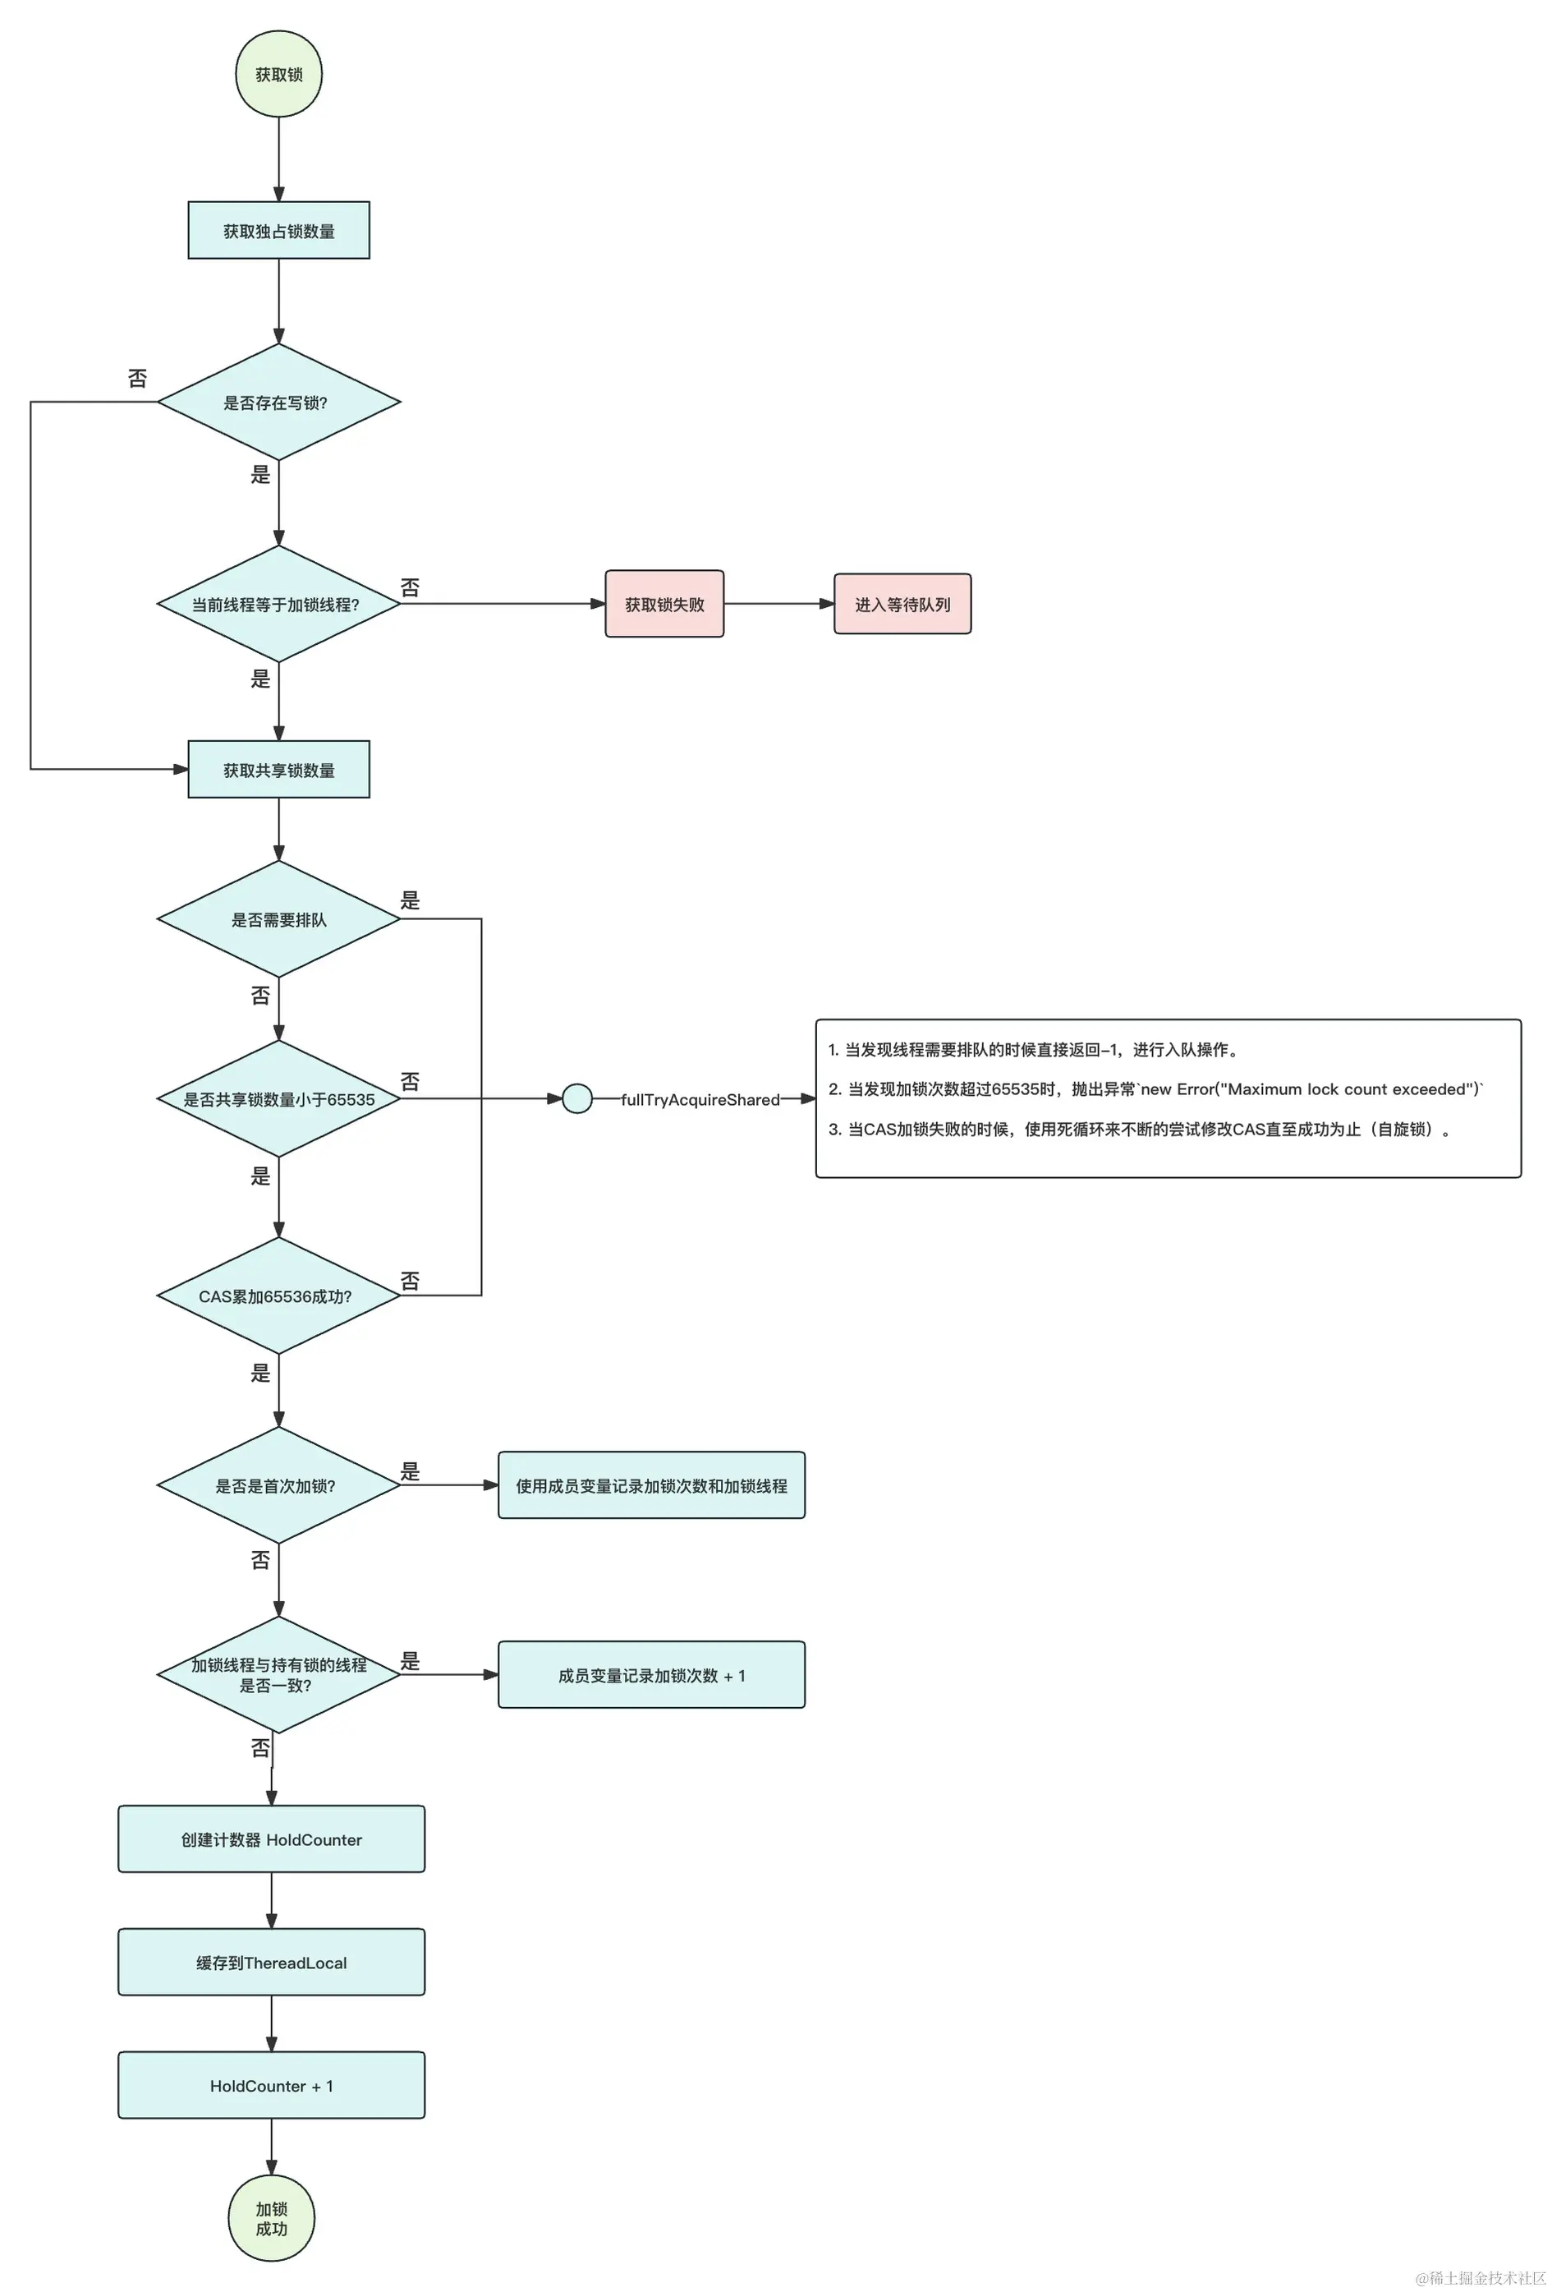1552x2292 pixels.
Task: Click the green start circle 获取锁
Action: [278, 74]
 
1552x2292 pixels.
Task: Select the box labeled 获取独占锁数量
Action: [278, 231]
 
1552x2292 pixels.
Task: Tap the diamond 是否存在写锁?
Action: [278, 403]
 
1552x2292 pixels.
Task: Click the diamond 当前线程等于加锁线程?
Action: [278, 604]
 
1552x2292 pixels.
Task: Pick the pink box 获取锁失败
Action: [664, 604]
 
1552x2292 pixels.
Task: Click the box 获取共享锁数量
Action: [278, 769]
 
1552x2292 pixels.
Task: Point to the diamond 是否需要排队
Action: [278, 919]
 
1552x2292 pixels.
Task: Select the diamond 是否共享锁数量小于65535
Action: [278, 1098]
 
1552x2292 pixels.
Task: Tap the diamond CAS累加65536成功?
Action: [278, 1296]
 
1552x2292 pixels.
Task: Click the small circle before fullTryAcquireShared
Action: [576, 1098]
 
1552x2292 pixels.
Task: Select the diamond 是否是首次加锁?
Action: [278, 1485]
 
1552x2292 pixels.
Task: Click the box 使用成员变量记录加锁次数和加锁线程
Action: [651, 1485]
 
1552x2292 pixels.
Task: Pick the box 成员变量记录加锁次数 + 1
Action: [651, 1674]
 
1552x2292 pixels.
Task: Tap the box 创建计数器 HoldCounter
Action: [271, 1839]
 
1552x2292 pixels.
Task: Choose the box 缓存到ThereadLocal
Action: [271, 1963]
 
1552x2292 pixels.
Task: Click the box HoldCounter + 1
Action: [271, 2085]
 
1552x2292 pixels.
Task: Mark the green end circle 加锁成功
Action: [271, 2218]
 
